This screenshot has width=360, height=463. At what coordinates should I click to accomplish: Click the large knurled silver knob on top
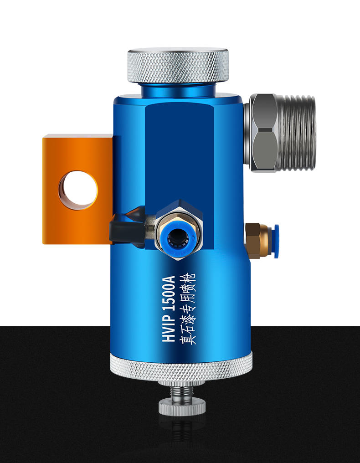click(178, 65)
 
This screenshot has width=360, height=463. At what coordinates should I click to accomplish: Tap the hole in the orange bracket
click(78, 190)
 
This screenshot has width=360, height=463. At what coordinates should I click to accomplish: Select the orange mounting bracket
click(77, 189)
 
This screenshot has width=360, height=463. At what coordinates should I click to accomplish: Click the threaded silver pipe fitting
click(297, 133)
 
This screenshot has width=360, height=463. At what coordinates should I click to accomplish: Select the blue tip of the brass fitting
click(276, 242)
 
